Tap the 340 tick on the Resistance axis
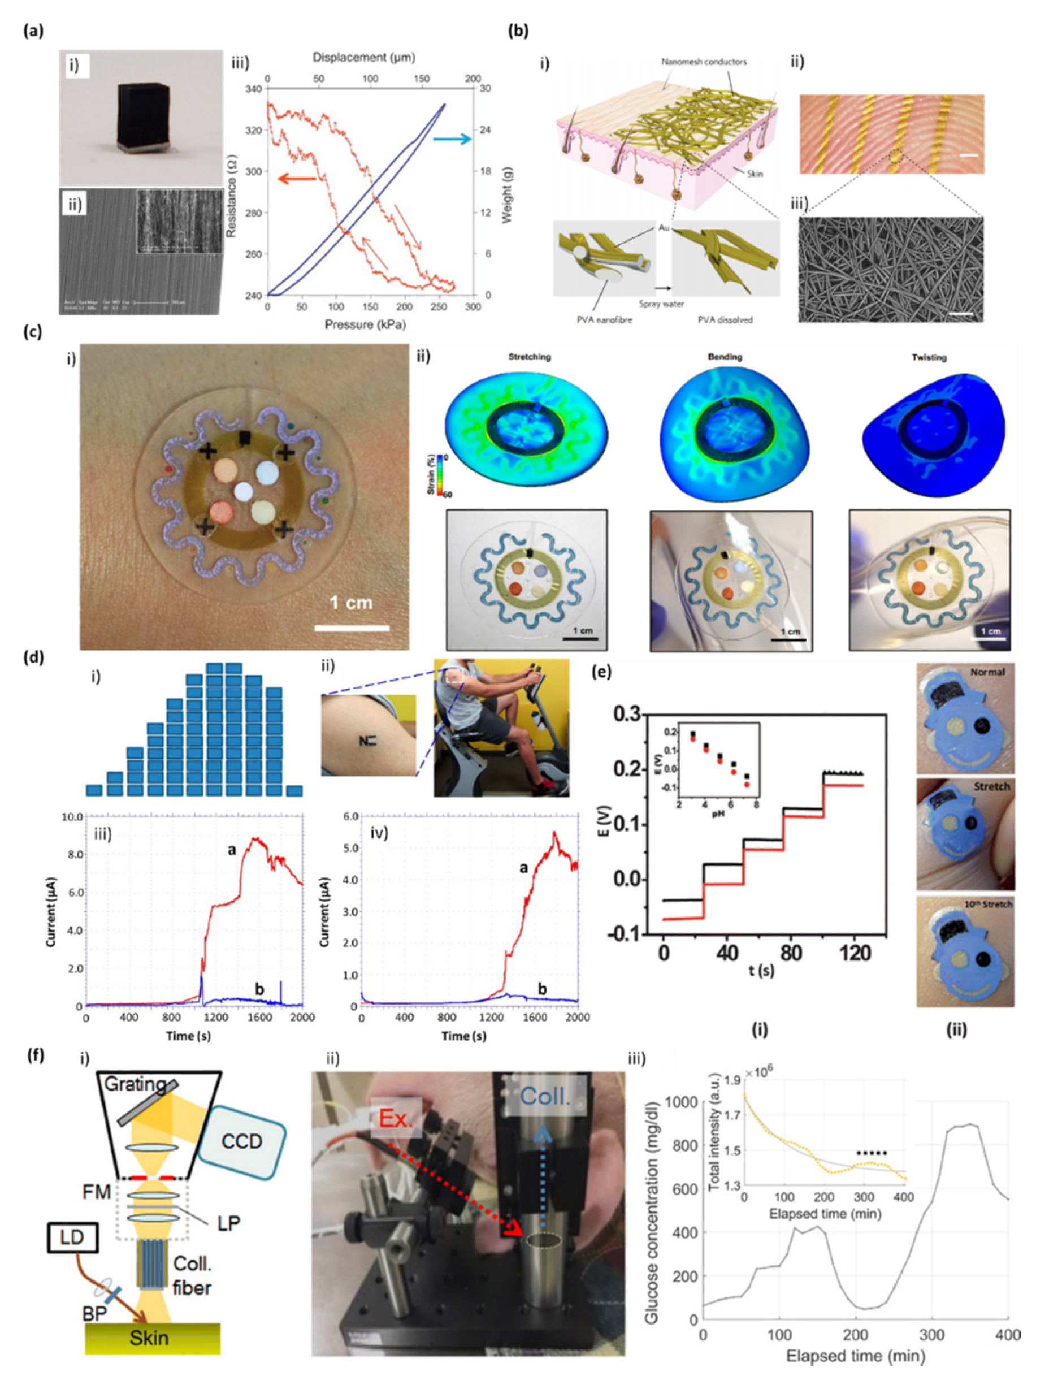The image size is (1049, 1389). (x=254, y=89)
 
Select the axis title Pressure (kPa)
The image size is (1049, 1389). (x=365, y=324)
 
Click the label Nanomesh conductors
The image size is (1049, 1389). (x=704, y=62)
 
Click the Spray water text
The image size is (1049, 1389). (x=661, y=304)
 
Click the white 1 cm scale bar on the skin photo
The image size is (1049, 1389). (x=352, y=627)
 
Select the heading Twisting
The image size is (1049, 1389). (x=929, y=357)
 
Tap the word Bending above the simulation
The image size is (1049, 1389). (x=725, y=357)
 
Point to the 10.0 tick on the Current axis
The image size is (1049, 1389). (x=71, y=817)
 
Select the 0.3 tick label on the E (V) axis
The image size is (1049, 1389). (x=628, y=715)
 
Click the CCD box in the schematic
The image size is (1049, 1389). (x=242, y=1141)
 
